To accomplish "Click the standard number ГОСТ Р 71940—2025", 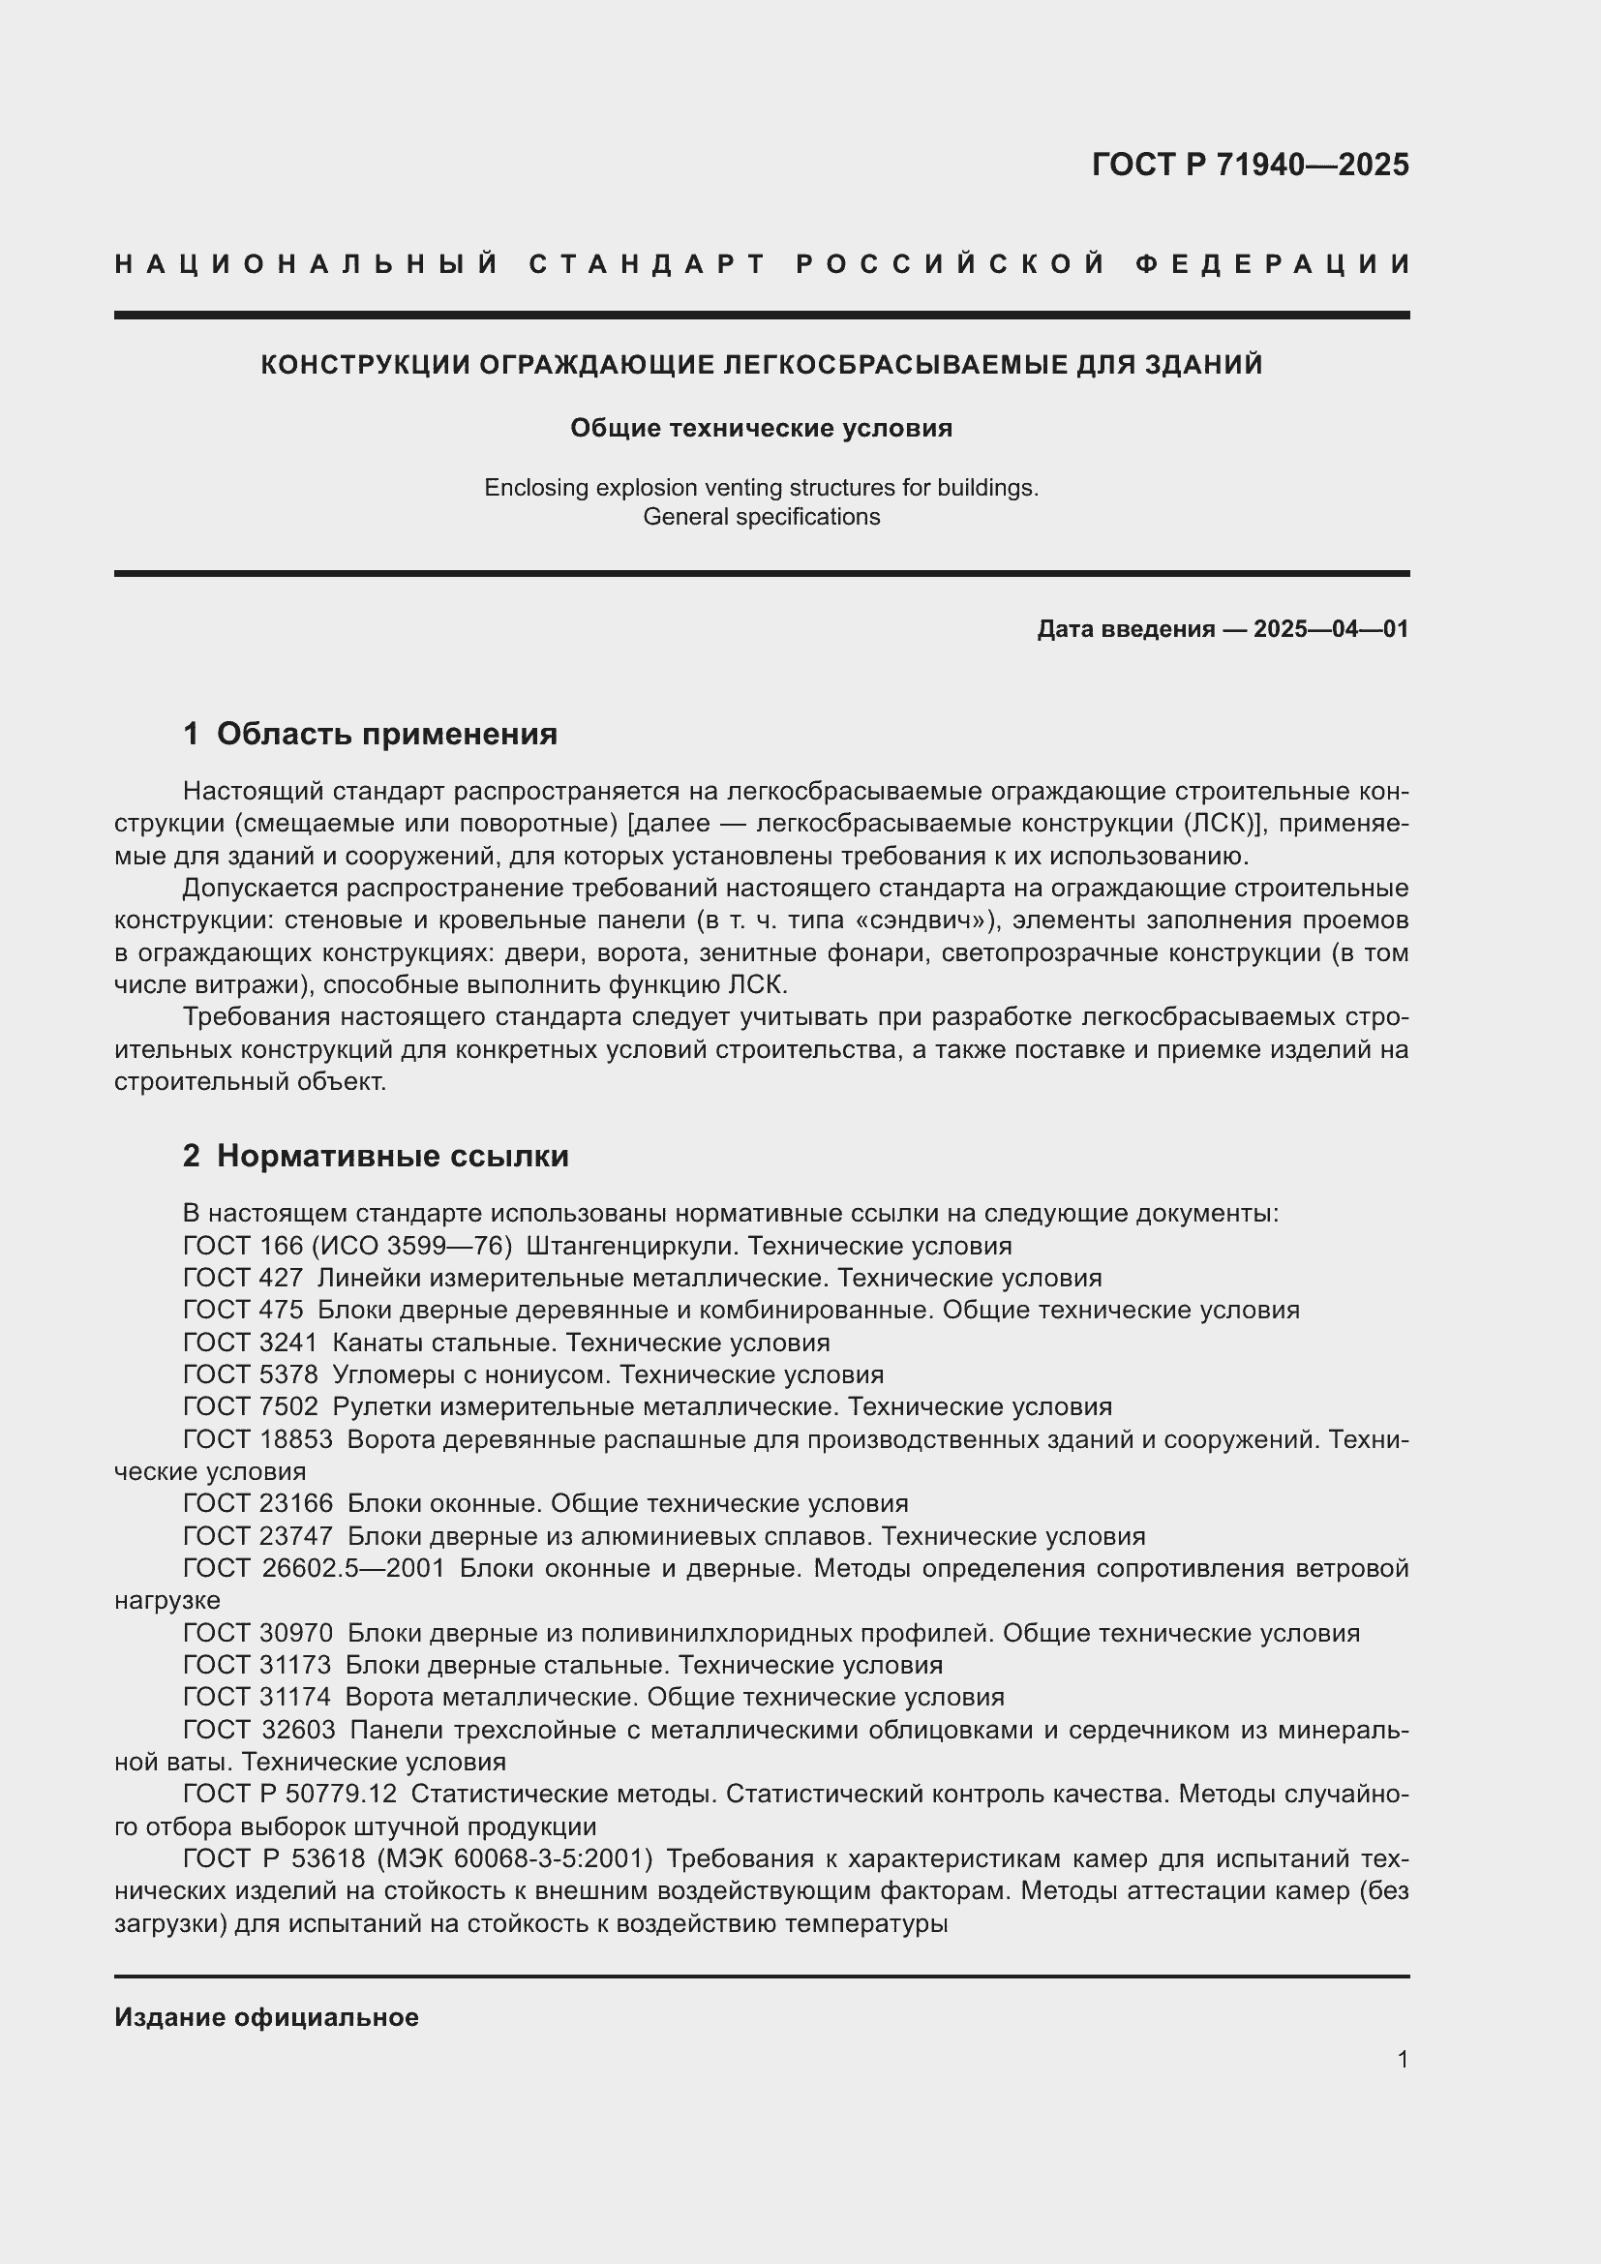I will pos(1250,165).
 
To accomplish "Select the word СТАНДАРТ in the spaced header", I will pos(648,264).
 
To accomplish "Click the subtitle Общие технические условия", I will pos(761,428).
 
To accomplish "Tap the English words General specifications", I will pos(761,517).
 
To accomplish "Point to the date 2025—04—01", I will pos(1331,629).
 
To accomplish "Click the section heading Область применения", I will pos(386,734).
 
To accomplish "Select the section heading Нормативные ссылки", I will pos(392,1156).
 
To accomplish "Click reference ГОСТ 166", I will pos(243,1247).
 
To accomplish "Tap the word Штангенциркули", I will pos(632,1247).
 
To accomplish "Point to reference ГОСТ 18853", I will pos(257,1439).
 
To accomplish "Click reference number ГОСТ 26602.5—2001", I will pos(314,1569).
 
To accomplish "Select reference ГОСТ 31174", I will pos(257,1697).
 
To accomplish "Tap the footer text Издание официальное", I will pos(266,2017).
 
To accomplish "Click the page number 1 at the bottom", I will pos(1402,2060).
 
